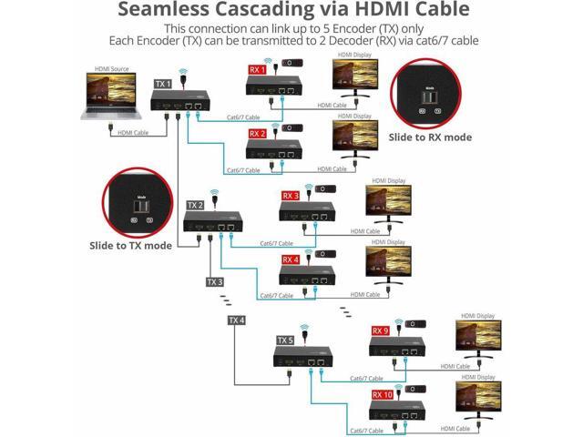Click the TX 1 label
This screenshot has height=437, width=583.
[x=161, y=84]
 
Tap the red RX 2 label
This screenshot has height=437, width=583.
[x=258, y=132]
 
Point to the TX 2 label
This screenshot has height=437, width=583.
[x=195, y=206]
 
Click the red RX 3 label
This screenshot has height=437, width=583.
[x=291, y=196]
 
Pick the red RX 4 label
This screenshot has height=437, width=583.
[x=291, y=259]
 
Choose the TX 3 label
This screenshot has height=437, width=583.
[x=214, y=281]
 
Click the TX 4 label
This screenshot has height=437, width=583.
[x=236, y=320]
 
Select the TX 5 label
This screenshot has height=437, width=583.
[x=285, y=340]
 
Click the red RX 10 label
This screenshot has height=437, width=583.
[x=383, y=394]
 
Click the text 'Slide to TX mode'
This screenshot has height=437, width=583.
[x=130, y=245]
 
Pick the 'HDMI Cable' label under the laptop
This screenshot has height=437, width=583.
[x=135, y=133]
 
